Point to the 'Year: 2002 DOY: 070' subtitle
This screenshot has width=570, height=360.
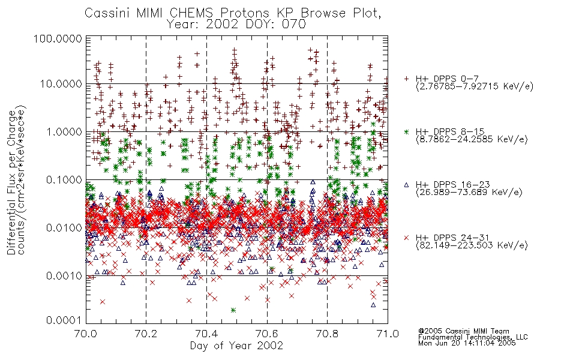tap(236, 25)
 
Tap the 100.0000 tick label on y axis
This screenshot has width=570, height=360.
tap(58, 38)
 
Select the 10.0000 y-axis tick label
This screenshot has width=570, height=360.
tap(61, 84)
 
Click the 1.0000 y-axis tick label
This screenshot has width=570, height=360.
tap(64, 132)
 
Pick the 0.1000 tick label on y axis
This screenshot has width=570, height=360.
tap(64, 180)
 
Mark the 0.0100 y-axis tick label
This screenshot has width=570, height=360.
tap(64, 228)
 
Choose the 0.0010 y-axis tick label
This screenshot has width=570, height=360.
tap(64, 276)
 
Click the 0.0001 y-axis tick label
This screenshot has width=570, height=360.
tap(64, 320)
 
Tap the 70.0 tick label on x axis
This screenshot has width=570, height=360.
tap(86, 334)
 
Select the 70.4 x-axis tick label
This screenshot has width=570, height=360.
tap(206, 334)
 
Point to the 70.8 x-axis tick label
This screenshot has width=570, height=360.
tap(328, 334)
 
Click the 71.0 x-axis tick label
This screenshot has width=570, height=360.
tap(388, 334)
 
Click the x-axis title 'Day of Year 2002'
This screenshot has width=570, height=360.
tap(236, 346)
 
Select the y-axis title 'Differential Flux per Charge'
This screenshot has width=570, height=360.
tap(11, 183)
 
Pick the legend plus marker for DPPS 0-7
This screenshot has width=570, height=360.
tap(406, 79)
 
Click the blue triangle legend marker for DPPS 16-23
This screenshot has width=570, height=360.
tap(406, 185)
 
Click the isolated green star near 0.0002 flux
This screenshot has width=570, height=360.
tap(233, 310)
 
